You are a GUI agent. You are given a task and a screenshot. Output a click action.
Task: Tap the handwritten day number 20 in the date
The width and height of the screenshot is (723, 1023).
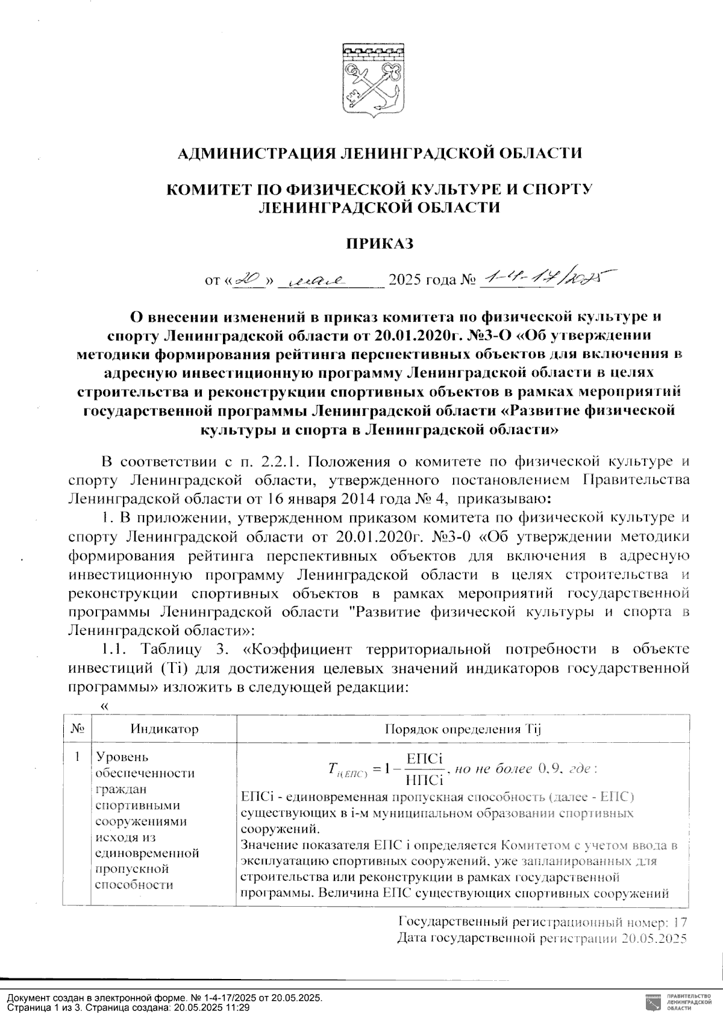(247, 279)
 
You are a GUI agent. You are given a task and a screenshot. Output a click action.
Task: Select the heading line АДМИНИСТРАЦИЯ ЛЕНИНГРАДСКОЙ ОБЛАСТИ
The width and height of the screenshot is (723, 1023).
(380, 153)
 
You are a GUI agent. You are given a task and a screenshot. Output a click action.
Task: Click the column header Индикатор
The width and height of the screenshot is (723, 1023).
(164, 729)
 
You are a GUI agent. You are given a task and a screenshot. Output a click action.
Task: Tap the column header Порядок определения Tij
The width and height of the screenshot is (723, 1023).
(464, 729)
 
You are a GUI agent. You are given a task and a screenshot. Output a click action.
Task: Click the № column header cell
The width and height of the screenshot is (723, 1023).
(77, 729)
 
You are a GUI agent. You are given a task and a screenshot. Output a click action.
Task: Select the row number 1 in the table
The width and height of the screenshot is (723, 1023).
(77, 757)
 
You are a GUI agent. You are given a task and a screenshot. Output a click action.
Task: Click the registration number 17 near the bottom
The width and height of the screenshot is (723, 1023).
(680, 922)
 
